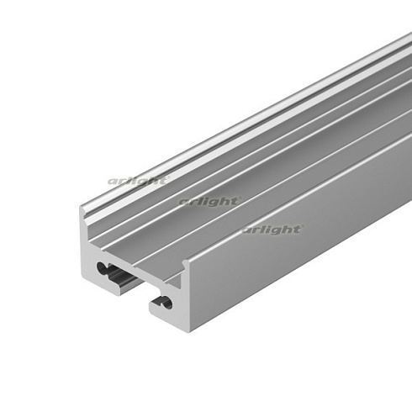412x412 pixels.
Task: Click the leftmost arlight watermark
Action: pyautogui.click(x=138, y=181)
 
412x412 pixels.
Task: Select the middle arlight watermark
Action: pyautogui.click(x=209, y=201)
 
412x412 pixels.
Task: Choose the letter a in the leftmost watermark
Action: pyautogui.click(x=112, y=181)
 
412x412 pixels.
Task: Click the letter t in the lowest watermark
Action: pyautogui.click(x=298, y=228)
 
